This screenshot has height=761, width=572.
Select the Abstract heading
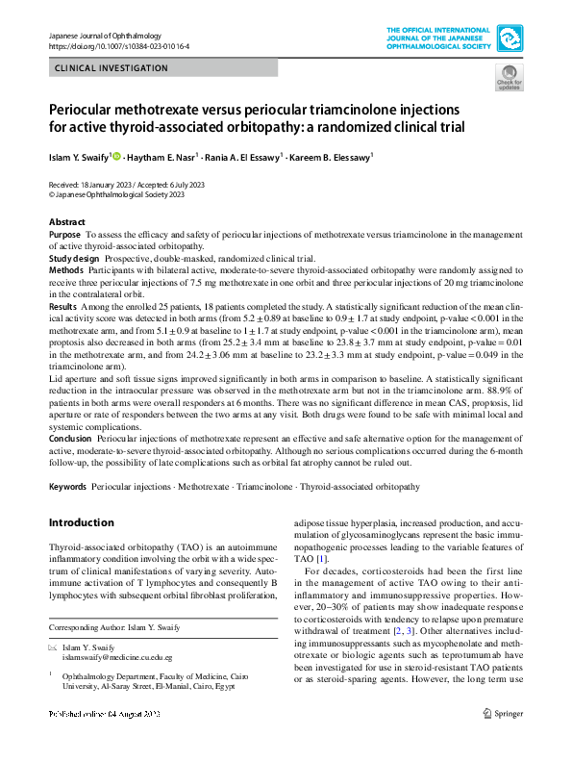67,222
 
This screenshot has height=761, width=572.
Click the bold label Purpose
64,235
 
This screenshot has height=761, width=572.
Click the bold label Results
63,303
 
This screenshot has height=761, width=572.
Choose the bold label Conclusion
71,439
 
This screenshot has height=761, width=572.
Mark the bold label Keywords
67,488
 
